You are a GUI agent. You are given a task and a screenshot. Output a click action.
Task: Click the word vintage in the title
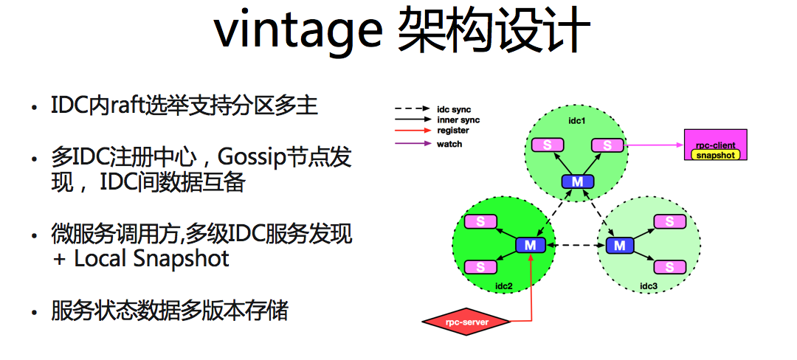(x=297, y=30)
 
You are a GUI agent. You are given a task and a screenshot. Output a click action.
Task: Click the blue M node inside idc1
(x=577, y=181)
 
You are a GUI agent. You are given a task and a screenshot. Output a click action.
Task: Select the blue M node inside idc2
(x=531, y=245)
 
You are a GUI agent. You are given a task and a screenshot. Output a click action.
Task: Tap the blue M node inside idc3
(x=620, y=246)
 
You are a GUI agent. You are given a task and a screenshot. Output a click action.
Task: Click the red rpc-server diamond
(x=466, y=321)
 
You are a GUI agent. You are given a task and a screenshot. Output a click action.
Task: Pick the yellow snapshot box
(x=715, y=155)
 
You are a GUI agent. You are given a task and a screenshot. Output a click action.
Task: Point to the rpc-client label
(x=715, y=145)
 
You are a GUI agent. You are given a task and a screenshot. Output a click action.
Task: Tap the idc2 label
(x=504, y=285)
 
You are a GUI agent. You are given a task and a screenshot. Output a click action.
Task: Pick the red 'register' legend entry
(x=432, y=131)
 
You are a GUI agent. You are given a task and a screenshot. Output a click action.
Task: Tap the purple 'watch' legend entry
(x=429, y=144)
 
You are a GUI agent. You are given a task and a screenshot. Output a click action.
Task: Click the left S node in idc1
(x=548, y=145)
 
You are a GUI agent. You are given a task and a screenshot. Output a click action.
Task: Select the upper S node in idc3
(x=669, y=221)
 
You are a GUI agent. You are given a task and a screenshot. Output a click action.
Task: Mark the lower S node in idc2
(x=481, y=267)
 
